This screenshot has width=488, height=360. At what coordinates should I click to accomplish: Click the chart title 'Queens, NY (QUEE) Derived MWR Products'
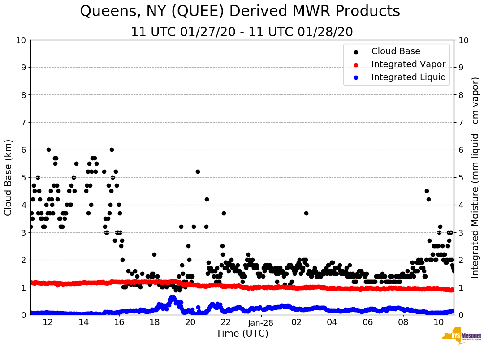coord(240,12)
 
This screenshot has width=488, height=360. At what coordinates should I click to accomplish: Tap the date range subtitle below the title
coord(242,32)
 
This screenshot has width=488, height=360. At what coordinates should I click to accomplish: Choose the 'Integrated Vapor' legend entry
coord(408,64)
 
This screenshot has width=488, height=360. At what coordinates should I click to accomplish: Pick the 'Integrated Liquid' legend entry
coord(408,77)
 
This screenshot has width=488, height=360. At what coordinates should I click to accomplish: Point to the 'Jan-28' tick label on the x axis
coord(261,322)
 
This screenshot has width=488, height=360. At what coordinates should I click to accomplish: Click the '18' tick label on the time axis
coord(154,322)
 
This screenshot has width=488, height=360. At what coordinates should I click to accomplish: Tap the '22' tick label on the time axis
coord(225,322)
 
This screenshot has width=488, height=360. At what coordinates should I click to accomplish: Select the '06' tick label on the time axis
coord(368,322)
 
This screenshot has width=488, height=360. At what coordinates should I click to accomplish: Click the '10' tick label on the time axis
coord(439,322)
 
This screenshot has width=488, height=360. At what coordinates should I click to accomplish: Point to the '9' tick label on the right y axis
coord(460,68)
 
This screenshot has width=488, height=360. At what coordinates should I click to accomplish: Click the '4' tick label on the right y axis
coord(460,205)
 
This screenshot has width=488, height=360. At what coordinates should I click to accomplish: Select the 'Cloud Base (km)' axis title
coord(9,177)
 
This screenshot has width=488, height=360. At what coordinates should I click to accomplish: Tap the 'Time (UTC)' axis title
coord(242,334)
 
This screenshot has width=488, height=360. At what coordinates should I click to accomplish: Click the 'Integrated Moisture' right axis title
coord(475,177)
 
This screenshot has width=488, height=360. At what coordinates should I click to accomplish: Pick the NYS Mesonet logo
coord(461,337)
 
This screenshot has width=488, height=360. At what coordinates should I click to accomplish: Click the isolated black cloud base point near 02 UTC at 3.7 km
coord(306,213)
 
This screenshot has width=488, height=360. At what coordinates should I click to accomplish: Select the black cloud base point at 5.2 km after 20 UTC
coord(198,171)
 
